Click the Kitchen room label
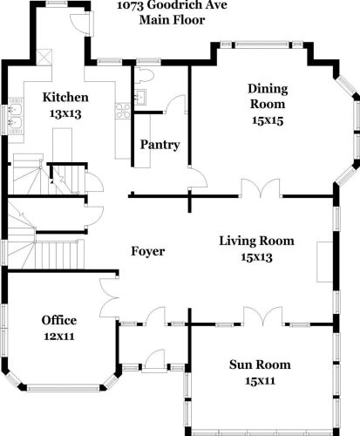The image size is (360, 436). coord(65,97)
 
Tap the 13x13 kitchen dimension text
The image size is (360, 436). coord(65,113)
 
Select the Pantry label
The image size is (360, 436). coord(160,145)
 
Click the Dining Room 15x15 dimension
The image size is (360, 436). coord(268,120)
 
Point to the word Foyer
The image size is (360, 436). coord(148,251)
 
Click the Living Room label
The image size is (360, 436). coord(256,241)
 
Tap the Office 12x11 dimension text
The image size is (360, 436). coord(59,337)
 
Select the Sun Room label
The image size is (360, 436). coord(260,364)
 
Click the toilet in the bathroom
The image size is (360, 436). coord(144,76)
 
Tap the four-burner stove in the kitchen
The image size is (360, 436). coord(123,111)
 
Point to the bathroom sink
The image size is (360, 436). coord(140,97)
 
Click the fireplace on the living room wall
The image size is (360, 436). coord(324,262)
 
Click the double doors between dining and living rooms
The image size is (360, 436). coord(261,188)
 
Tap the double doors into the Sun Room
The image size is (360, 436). coord(262,316)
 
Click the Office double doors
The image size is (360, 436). coord(109,297)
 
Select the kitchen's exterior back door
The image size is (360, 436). coord(82,24)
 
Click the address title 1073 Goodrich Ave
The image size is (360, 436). coord(172,5)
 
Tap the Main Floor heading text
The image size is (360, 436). coord(173,20)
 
